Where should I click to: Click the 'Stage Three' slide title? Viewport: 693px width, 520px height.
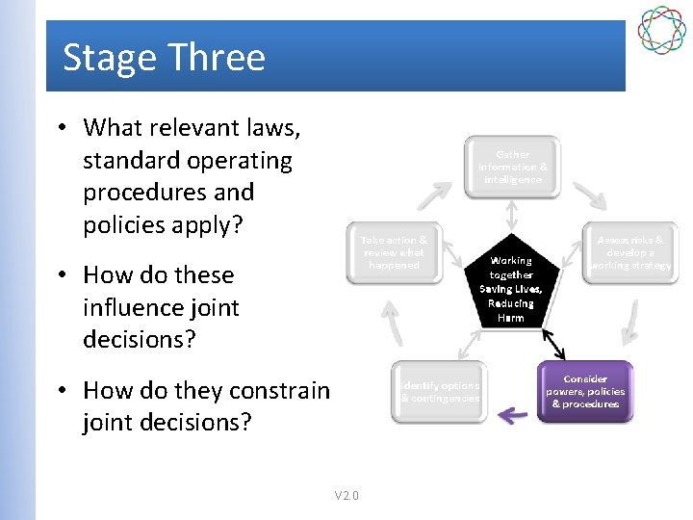[x=164, y=58]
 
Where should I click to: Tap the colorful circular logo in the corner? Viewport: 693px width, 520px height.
[x=663, y=30]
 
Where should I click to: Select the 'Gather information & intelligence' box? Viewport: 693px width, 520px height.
[x=512, y=167]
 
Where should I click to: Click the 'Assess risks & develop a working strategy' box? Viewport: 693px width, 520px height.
[x=630, y=252]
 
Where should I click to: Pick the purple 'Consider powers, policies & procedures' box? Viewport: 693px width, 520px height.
[x=586, y=392]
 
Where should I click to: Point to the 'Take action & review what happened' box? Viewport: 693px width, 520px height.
[x=394, y=252]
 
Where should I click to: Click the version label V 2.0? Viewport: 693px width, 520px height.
[x=346, y=496]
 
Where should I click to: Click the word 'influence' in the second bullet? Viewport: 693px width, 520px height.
[x=162, y=307]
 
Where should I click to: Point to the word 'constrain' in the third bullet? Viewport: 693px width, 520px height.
[x=280, y=390]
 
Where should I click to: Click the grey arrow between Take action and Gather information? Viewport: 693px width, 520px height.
[x=432, y=195]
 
